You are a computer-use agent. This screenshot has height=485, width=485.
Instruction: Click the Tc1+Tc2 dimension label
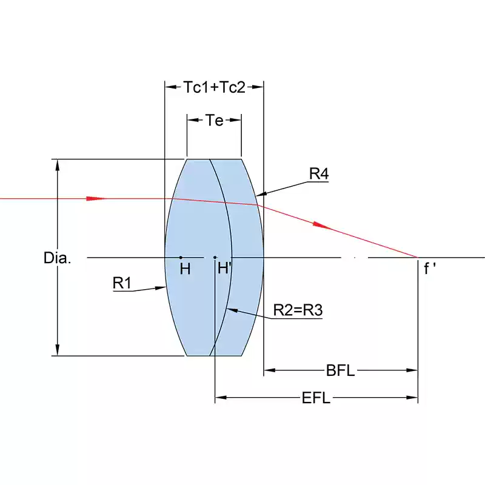tap(215, 87)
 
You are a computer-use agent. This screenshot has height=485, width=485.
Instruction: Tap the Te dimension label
tap(215, 120)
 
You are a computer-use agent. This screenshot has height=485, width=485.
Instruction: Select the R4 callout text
tap(319, 173)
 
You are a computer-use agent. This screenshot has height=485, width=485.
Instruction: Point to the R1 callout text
tap(122, 283)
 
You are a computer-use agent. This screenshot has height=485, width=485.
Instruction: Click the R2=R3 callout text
tap(298, 310)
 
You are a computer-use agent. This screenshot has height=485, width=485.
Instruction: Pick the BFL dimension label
tap(340, 370)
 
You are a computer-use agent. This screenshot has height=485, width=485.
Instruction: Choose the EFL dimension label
tap(316, 398)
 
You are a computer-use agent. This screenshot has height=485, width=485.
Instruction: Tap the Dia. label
tap(57, 258)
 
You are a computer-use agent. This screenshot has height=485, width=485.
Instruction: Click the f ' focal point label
tap(430, 268)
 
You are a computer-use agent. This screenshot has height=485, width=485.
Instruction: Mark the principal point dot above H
tap(181, 257)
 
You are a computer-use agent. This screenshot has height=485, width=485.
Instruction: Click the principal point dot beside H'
tap(215, 257)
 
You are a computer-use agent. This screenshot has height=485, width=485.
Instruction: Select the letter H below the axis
tap(185, 269)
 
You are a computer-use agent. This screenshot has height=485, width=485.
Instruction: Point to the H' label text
tap(224, 268)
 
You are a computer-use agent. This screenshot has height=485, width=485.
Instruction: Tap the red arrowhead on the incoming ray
tap(96, 198)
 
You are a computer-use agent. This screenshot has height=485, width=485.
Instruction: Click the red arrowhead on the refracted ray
tap(322, 225)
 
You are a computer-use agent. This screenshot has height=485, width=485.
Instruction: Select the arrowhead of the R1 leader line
tap(160, 288)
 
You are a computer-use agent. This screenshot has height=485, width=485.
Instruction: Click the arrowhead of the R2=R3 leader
tap(233, 310)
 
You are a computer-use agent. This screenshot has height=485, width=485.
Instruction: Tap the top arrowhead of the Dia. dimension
tap(57, 166)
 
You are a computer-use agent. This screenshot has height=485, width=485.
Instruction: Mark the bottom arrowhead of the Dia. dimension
tap(57, 350)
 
